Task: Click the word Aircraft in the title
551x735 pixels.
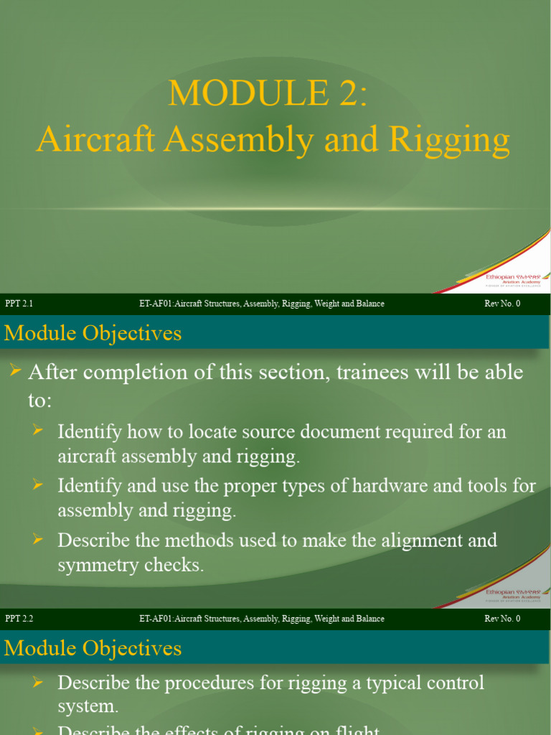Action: (x=96, y=139)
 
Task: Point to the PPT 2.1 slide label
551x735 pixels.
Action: (x=19, y=304)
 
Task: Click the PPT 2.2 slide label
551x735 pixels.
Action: (x=19, y=619)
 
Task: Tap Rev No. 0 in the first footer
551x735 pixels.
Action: (x=502, y=304)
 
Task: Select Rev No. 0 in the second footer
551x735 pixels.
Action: (x=502, y=619)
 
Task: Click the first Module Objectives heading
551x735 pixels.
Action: (x=93, y=333)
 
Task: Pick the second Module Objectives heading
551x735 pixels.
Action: (x=93, y=648)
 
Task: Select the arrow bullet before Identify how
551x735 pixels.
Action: (x=39, y=430)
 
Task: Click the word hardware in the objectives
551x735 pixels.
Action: (x=399, y=486)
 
